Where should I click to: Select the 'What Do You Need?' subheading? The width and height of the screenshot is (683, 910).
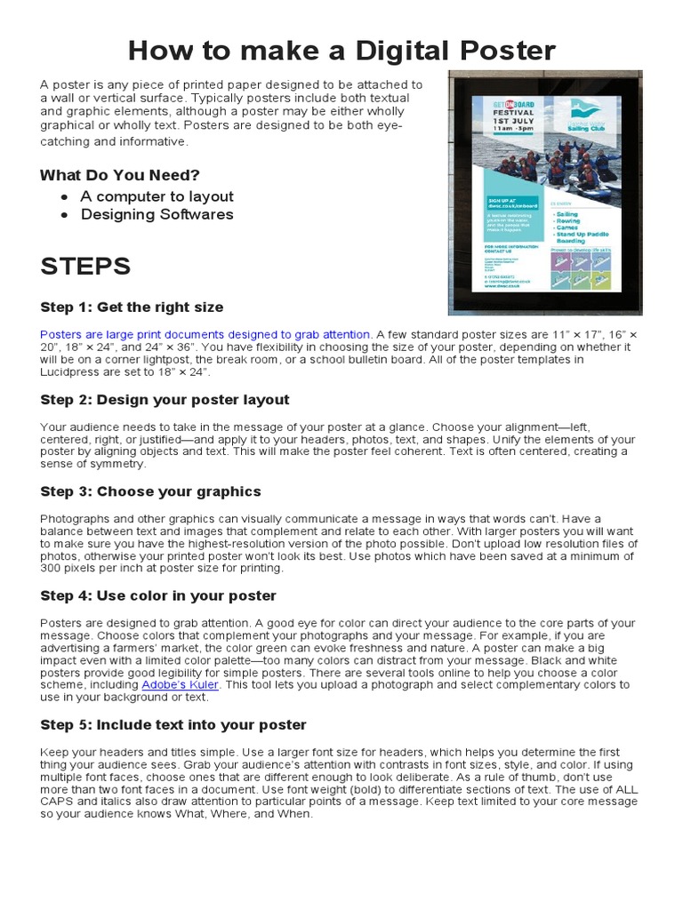tap(120, 175)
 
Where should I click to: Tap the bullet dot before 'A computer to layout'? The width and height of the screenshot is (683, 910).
tap(65, 196)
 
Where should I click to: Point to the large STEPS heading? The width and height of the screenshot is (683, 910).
tap(85, 266)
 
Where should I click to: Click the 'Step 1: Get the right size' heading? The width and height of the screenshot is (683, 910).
tap(132, 307)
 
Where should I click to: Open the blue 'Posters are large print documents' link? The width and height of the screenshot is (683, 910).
tap(205, 334)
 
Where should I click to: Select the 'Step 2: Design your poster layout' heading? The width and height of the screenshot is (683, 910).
tap(165, 400)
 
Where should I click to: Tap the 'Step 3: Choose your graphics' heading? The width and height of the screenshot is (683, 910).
tap(150, 491)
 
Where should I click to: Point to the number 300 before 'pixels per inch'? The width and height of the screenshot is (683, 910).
tap(52, 568)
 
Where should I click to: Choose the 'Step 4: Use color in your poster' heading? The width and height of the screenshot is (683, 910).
tap(158, 595)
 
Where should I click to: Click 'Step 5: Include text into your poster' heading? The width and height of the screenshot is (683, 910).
tap(173, 725)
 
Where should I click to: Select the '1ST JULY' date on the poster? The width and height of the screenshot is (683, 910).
tap(515, 122)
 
